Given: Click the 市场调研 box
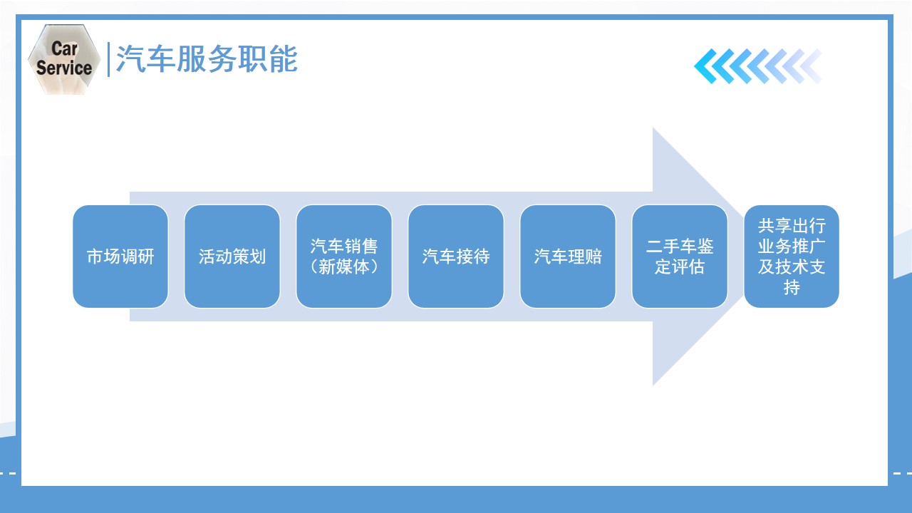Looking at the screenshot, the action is (120, 256).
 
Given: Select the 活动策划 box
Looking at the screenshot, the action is (232, 256).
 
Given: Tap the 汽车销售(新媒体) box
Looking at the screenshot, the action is (344, 256).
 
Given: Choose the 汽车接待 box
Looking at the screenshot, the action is (456, 256).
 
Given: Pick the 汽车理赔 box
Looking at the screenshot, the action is (568, 256).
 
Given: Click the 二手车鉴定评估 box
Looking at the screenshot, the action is (680, 256).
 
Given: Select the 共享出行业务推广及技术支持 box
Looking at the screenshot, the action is (792, 256).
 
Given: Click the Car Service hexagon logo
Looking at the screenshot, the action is (64, 59).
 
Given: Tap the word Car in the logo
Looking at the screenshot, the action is (64, 49).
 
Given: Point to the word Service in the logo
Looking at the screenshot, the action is (64, 68).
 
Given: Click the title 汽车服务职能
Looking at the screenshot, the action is (207, 59).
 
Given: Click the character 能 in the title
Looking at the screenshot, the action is (283, 59).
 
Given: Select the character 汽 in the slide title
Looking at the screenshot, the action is (130, 59).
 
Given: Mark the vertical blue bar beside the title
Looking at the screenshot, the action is (108, 59).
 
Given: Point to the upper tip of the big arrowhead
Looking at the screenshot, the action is (653, 128).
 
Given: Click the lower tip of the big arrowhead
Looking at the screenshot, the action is (653, 385).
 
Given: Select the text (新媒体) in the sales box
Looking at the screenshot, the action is (344, 267).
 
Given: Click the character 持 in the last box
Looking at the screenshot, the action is (792, 288).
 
